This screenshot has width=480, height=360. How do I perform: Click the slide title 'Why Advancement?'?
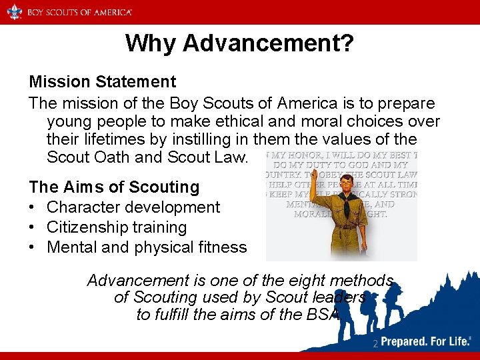point(239,43)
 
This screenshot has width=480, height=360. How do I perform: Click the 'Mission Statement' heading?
point(102,82)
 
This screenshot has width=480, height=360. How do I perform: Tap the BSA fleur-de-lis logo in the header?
point(15,11)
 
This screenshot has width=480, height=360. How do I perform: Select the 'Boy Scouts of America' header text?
point(79,12)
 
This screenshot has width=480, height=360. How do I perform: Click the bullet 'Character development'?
point(133,207)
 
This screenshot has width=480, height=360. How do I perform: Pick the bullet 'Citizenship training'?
point(117,227)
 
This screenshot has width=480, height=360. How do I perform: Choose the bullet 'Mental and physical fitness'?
point(147,247)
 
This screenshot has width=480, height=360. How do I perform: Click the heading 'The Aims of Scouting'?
point(114,187)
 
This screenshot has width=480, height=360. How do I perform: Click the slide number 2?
point(375,344)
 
